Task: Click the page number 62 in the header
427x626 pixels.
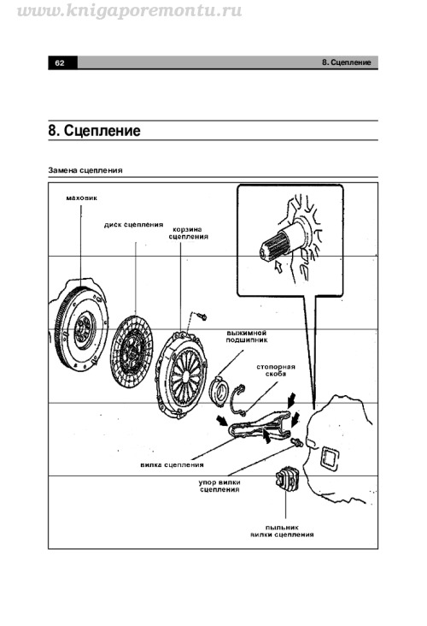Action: coord(60,63)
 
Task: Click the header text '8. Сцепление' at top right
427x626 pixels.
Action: coord(347,62)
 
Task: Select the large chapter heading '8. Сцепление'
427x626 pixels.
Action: coord(95,131)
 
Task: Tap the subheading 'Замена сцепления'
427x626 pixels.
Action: coord(85,170)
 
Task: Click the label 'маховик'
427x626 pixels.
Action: coord(81,198)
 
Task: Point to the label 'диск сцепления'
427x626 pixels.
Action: coord(133,225)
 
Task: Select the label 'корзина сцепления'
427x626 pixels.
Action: coord(188,233)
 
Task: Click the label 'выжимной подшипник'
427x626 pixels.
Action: coord(247,337)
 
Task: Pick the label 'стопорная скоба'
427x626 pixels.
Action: coord(276,370)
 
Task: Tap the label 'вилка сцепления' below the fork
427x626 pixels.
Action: coord(172,464)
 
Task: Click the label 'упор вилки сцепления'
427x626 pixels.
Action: coord(219,486)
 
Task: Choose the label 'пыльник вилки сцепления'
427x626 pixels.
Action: coord(282,531)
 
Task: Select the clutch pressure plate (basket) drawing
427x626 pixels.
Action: coord(181,375)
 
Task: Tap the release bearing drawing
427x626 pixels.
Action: coord(219,390)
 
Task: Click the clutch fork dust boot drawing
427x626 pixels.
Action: coord(285,478)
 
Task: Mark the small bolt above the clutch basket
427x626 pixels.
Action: coord(202,316)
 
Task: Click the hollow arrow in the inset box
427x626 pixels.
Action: coord(278,267)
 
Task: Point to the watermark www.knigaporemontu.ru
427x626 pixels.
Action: coord(130,10)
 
